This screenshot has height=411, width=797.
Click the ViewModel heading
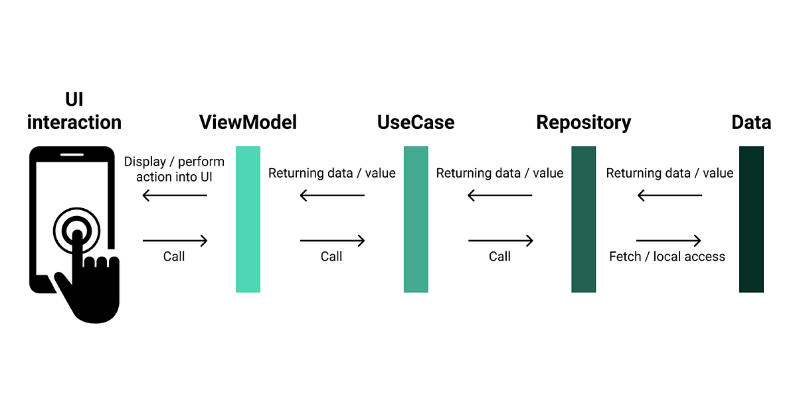[248, 122]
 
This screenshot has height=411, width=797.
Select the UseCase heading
[416, 122]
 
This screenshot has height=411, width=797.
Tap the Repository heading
[583, 122]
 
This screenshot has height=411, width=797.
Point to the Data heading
[751, 122]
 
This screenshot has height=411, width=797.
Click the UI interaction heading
[74, 111]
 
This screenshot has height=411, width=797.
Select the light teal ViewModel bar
[248, 219]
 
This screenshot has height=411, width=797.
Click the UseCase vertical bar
[416, 219]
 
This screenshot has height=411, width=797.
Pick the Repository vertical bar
[583, 219]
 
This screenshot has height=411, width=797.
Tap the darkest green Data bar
[751, 219]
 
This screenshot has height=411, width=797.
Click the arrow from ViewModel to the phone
[175, 196]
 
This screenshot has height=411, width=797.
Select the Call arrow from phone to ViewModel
[175, 241]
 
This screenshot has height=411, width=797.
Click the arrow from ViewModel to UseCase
[332, 241]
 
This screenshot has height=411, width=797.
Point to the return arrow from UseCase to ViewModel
[332, 196]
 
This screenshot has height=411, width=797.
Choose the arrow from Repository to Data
[668, 241]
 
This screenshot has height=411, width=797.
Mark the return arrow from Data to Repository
[669, 196]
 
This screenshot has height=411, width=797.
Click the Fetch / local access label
[667, 257]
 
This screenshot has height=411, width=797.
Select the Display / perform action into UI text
[174, 169]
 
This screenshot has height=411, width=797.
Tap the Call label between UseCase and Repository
[499, 257]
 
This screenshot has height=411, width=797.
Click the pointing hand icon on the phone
[90, 279]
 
